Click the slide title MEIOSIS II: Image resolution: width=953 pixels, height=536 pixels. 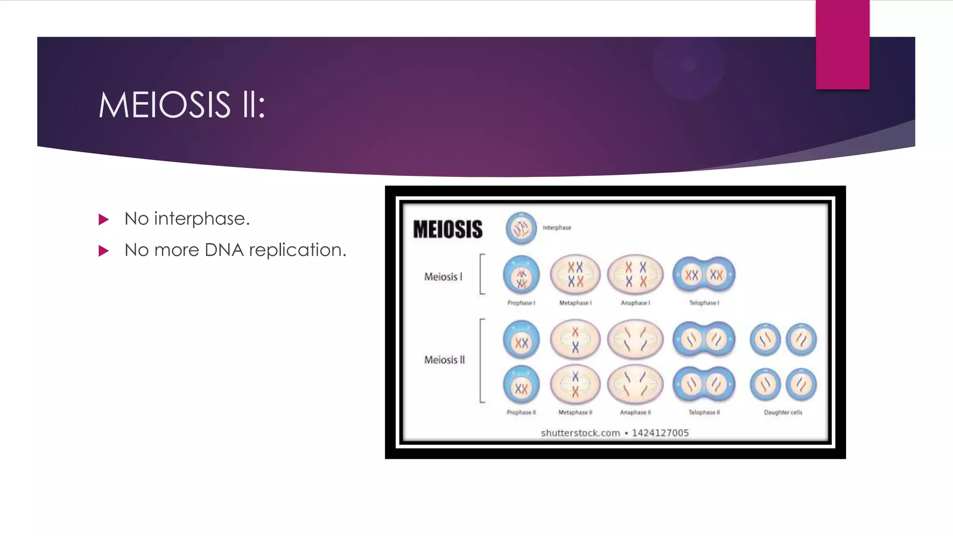tap(181, 105)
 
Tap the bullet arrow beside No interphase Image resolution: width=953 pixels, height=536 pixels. tap(104, 219)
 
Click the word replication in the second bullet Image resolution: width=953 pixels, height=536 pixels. tap(297, 250)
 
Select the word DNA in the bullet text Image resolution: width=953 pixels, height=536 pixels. tap(224, 250)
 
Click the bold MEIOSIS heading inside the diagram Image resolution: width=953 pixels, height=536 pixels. tap(448, 229)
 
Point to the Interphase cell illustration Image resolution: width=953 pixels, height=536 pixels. tap(521, 228)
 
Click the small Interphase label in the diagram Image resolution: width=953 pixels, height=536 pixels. tap(557, 228)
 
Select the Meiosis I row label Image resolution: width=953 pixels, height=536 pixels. tap(443, 277)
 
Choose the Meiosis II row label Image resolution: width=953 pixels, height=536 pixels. tap(444, 360)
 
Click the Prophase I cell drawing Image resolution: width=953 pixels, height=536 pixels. tap(521, 275)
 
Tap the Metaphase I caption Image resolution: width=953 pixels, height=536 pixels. tap(575, 303)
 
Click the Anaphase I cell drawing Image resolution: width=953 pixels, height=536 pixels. tap(635, 275)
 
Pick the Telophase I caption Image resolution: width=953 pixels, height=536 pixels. tap(704, 303)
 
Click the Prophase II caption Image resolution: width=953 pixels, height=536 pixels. tap(521, 412)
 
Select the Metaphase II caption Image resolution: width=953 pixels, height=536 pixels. tap(575, 412)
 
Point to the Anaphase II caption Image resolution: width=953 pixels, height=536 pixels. tap(635, 412)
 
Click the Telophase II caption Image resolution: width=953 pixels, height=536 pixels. tap(704, 412)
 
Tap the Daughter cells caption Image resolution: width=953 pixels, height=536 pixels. tap(783, 412)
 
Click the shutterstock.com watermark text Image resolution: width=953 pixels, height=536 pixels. tap(580, 433)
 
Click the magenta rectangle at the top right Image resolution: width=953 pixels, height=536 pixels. tap(842, 44)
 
